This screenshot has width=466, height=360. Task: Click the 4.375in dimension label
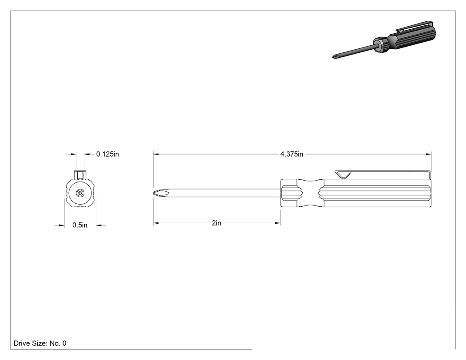click(x=292, y=154)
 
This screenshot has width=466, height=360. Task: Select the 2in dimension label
click(x=217, y=223)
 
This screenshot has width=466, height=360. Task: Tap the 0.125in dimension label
click(x=107, y=154)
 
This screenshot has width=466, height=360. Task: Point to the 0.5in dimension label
click(x=79, y=225)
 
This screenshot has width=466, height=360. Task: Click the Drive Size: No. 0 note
click(x=40, y=343)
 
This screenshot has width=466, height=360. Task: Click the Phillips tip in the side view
click(x=159, y=193)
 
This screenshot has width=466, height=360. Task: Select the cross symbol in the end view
click(x=79, y=193)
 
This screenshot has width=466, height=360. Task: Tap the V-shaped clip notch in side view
click(x=343, y=175)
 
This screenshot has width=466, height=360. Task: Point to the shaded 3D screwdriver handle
click(x=413, y=37)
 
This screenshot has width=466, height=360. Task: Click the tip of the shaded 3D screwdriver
click(x=333, y=57)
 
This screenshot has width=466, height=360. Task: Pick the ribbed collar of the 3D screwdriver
click(x=380, y=44)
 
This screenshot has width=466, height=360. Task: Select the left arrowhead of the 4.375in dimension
click(x=156, y=154)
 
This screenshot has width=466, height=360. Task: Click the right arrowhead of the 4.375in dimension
click(x=429, y=154)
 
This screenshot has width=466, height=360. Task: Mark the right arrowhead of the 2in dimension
click(x=278, y=223)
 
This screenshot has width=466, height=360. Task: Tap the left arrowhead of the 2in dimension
click(x=156, y=223)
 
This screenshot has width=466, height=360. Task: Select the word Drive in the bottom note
click(x=22, y=343)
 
